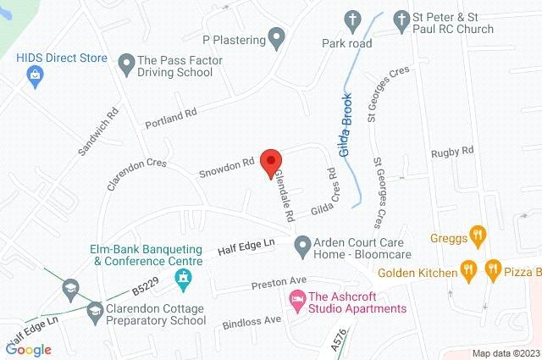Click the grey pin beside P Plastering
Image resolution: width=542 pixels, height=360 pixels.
276,37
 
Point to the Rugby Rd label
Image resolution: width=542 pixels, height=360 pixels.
451,152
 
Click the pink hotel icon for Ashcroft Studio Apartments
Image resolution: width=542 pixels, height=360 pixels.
296,299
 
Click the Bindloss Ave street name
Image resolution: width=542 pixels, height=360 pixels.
251,321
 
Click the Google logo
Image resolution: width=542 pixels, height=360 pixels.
28,349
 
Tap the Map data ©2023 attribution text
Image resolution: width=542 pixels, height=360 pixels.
506,353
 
